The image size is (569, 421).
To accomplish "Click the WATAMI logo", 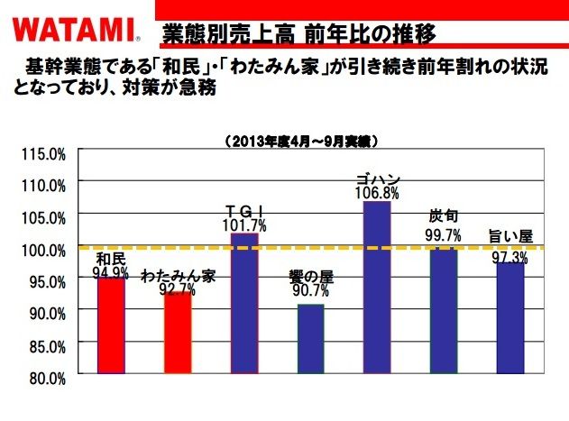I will (x=72, y=31).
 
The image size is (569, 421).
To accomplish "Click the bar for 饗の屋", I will (x=310, y=338).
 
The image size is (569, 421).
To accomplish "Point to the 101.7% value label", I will (x=244, y=225).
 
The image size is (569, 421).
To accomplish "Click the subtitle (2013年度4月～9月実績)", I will (x=300, y=141).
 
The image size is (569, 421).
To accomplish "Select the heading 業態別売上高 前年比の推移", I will (x=298, y=33).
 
